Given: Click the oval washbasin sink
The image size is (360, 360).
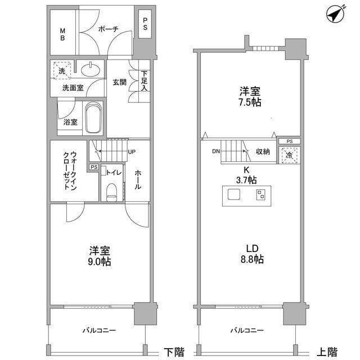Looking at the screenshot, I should pos(89,70).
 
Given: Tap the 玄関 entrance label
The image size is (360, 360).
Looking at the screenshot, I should pos(119,82).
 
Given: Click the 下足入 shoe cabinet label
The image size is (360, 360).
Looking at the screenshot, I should pos(145,80).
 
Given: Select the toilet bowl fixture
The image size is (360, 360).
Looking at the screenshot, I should pos(111,190).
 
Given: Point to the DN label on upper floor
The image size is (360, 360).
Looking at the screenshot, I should pos(216,151).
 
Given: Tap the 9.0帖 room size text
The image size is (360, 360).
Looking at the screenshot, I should pos(99,263).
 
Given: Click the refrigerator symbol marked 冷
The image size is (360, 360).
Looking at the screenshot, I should pos(289,155).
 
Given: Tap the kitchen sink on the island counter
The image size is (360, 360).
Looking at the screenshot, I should pos(233,196).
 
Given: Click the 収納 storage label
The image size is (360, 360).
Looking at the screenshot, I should pos(263,151).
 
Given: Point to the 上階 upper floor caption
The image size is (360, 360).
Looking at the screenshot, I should pos(327,352).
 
